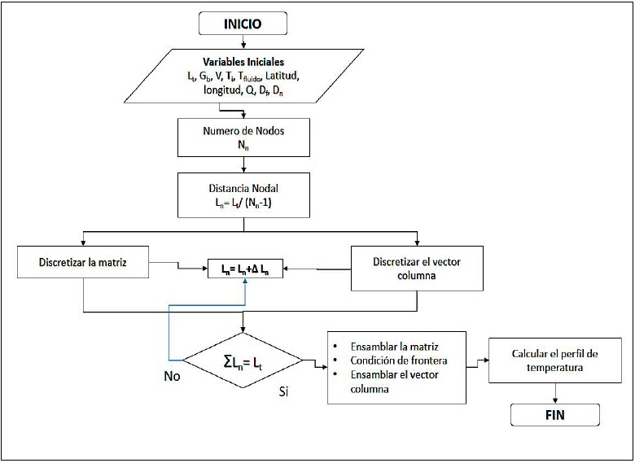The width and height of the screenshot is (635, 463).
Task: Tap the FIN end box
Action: tap(555, 415)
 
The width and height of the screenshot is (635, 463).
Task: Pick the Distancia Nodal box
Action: tap(243, 194)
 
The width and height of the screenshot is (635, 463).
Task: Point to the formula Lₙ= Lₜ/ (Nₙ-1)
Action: tap(243, 202)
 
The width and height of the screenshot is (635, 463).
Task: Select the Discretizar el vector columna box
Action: tap(417, 268)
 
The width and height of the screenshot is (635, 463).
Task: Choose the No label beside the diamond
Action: tap(172, 377)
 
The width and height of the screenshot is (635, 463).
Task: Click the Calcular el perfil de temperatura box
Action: tap(554, 360)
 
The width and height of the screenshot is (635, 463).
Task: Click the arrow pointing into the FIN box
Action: tap(555, 396)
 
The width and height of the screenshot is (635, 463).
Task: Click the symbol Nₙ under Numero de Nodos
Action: tap(243, 145)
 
